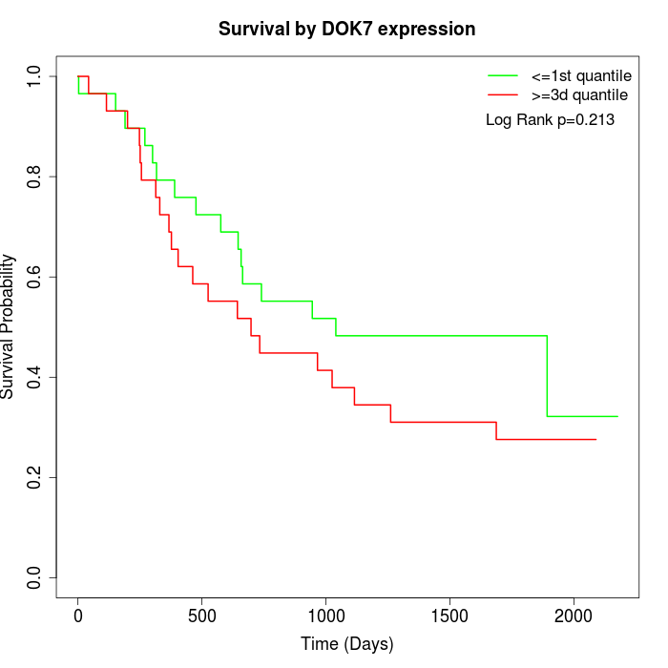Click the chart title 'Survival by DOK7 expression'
[346, 29]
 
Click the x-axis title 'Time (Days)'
[346, 644]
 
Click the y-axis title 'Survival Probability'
[9, 326]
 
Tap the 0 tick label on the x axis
[78, 616]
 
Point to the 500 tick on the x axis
[202, 616]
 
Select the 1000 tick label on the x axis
[325, 616]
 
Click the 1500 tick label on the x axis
[449, 616]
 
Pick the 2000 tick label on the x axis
[574, 616]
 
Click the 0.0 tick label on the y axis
[34, 577]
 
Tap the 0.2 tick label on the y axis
[34, 477]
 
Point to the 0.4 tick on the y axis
[34, 377]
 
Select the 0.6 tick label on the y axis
[34, 277]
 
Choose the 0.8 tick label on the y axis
[34, 177]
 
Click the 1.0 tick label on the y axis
[34, 76]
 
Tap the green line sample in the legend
[503, 75]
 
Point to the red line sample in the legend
[503, 95]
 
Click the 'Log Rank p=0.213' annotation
[550, 120]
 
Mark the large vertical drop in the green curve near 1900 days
[547, 376]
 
